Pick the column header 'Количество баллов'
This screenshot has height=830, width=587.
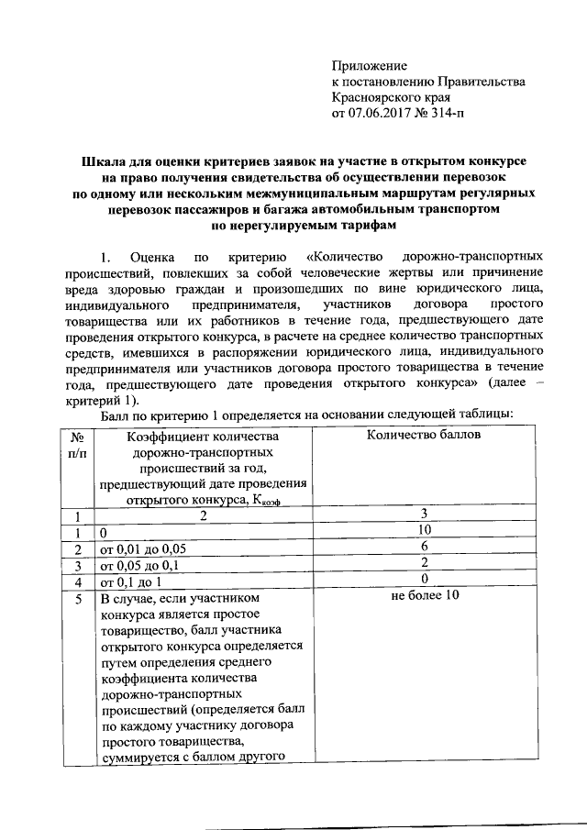[x=424, y=435]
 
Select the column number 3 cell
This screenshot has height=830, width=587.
[x=424, y=515]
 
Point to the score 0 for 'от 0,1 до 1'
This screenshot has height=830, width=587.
[x=424, y=581]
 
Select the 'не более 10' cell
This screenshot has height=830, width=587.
[x=424, y=597]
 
